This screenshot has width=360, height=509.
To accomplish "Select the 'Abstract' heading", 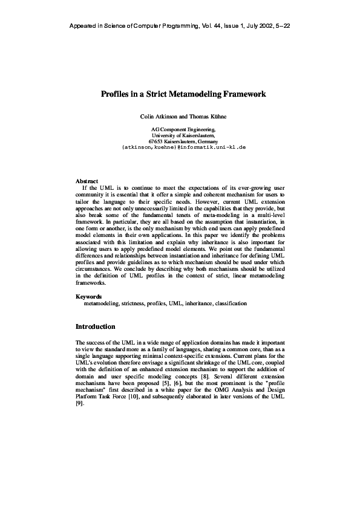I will click(x=87, y=181).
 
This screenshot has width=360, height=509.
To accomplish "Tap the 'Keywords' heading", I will click(x=88, y=296).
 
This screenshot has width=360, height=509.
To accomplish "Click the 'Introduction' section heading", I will click(x=95, y=326).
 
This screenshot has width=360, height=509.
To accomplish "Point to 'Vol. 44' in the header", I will click(x=211, y=27).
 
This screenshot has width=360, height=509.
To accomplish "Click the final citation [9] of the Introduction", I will click(x=79, y=404).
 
